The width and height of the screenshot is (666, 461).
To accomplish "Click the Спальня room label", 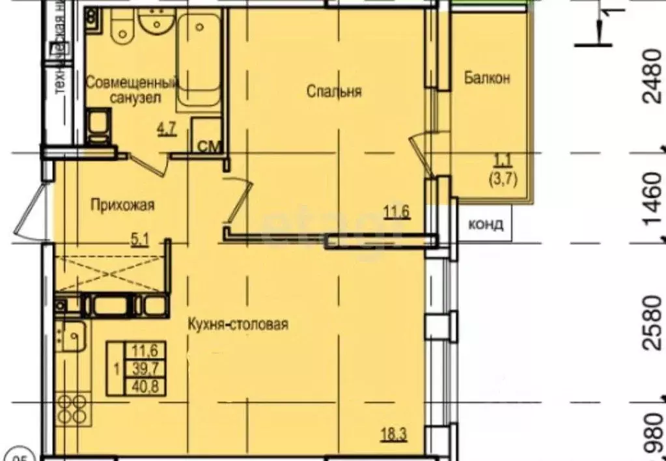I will [x=334, y=92].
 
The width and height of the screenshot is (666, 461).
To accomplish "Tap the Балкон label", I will [x=487, y=78].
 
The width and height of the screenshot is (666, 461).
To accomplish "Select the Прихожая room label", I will [x=122, y=206].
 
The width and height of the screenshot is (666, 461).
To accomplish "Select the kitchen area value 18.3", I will [x=395, y=436].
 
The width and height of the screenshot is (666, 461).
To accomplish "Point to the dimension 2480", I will [x=653, y=77].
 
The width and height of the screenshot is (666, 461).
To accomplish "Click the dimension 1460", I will [x=653, y=199].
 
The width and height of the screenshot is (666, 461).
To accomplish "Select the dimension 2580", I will [x=653, y=323].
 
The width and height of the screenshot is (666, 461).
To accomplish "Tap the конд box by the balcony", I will [x=486, y=225].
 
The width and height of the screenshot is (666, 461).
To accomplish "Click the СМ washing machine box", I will [x=208, y=145].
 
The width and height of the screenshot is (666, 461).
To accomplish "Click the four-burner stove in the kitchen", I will [x=72, y=408].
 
